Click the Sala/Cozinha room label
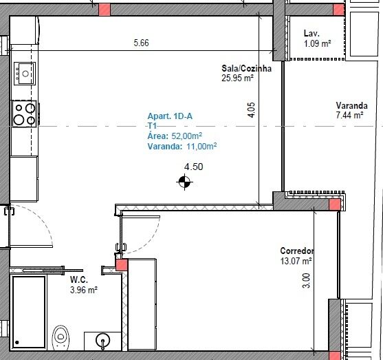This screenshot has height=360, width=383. (x=246, y=68)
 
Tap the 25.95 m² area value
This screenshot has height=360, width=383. (x=237, y=78)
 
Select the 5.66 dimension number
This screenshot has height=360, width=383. (x=141, y=43)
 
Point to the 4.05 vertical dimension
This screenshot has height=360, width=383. (x=252, y=110)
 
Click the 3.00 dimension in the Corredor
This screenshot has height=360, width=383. (x=306, y=281)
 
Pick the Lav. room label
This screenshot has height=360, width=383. (x=311, y=33)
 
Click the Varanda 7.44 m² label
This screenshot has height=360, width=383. (x=352, y=110)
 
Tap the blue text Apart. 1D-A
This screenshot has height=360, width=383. (x=170, y=116)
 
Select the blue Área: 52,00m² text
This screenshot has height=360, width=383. (x=175, y=136)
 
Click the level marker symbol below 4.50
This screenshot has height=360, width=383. (x=184, y=182)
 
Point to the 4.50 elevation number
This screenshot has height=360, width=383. (x=193, y=167)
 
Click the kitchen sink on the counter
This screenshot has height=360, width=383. (x=25, y=74)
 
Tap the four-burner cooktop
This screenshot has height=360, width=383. (x=25, y=114)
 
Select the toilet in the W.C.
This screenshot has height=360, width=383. (x=61, y=338)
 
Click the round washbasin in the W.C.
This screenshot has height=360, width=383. (x=103, y=340)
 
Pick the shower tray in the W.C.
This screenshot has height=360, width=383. (x=29, y=312)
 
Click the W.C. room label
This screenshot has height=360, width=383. (x=79, y=279)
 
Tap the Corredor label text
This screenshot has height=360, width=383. (x=297, y=251)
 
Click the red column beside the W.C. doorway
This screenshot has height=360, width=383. (x=122, y=265)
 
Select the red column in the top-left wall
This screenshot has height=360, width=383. (x=105, y=10)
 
